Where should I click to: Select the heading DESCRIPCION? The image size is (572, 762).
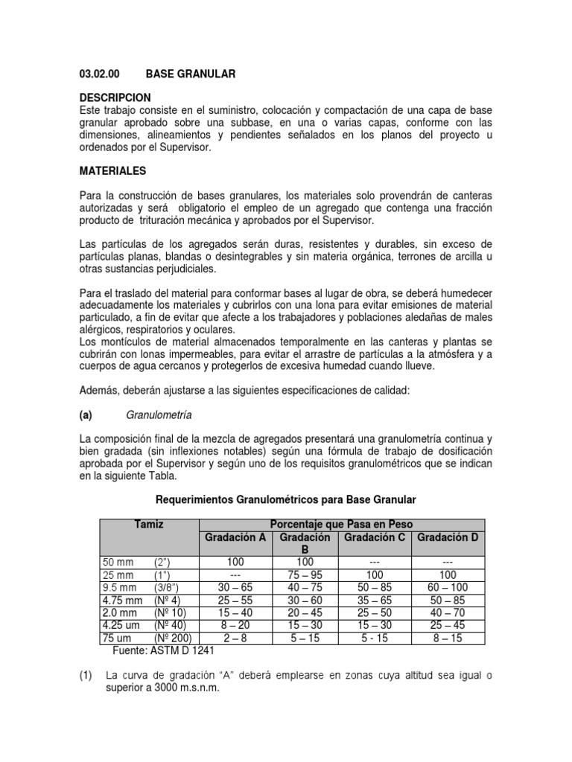(x=115, y=97)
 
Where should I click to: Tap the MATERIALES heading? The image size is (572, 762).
(x=113, y=170)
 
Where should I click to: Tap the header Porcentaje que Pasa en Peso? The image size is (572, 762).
(x=340, y=525)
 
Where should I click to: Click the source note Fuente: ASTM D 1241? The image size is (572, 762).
(x=162, y=650)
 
